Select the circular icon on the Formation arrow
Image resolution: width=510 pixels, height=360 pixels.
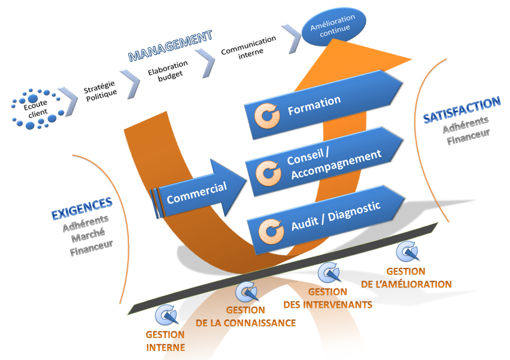267,115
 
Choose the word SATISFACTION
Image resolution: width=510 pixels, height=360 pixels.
462,103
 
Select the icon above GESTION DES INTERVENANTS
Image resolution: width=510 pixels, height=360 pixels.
329,273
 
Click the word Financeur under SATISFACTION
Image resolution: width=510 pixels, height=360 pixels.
468,136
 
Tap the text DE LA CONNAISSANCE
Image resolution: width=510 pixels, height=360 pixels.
245,323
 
